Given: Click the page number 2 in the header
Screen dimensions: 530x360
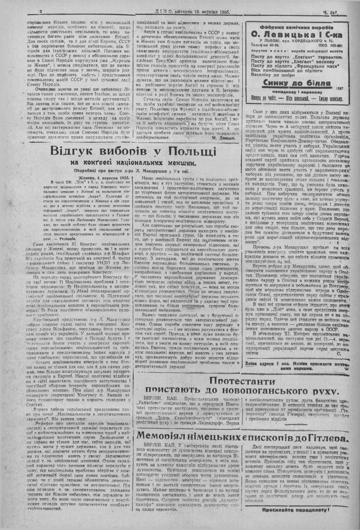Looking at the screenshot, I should (41, 12).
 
